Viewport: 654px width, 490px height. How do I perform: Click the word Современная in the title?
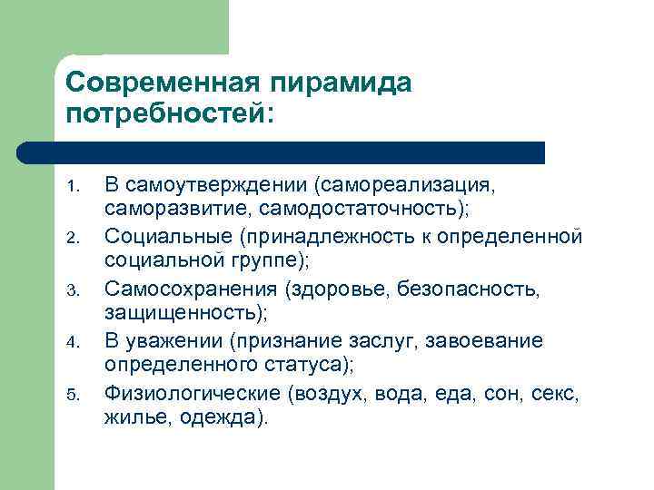pyautogui.click(x=163, y=83)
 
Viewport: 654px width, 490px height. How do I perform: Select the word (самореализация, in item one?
pyautogui.click(x=404, y=185)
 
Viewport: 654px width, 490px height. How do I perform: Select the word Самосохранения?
pyautogui.click(x=189, y=289)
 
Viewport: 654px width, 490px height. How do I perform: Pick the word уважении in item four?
pyautogui.click(x=174, y=340)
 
